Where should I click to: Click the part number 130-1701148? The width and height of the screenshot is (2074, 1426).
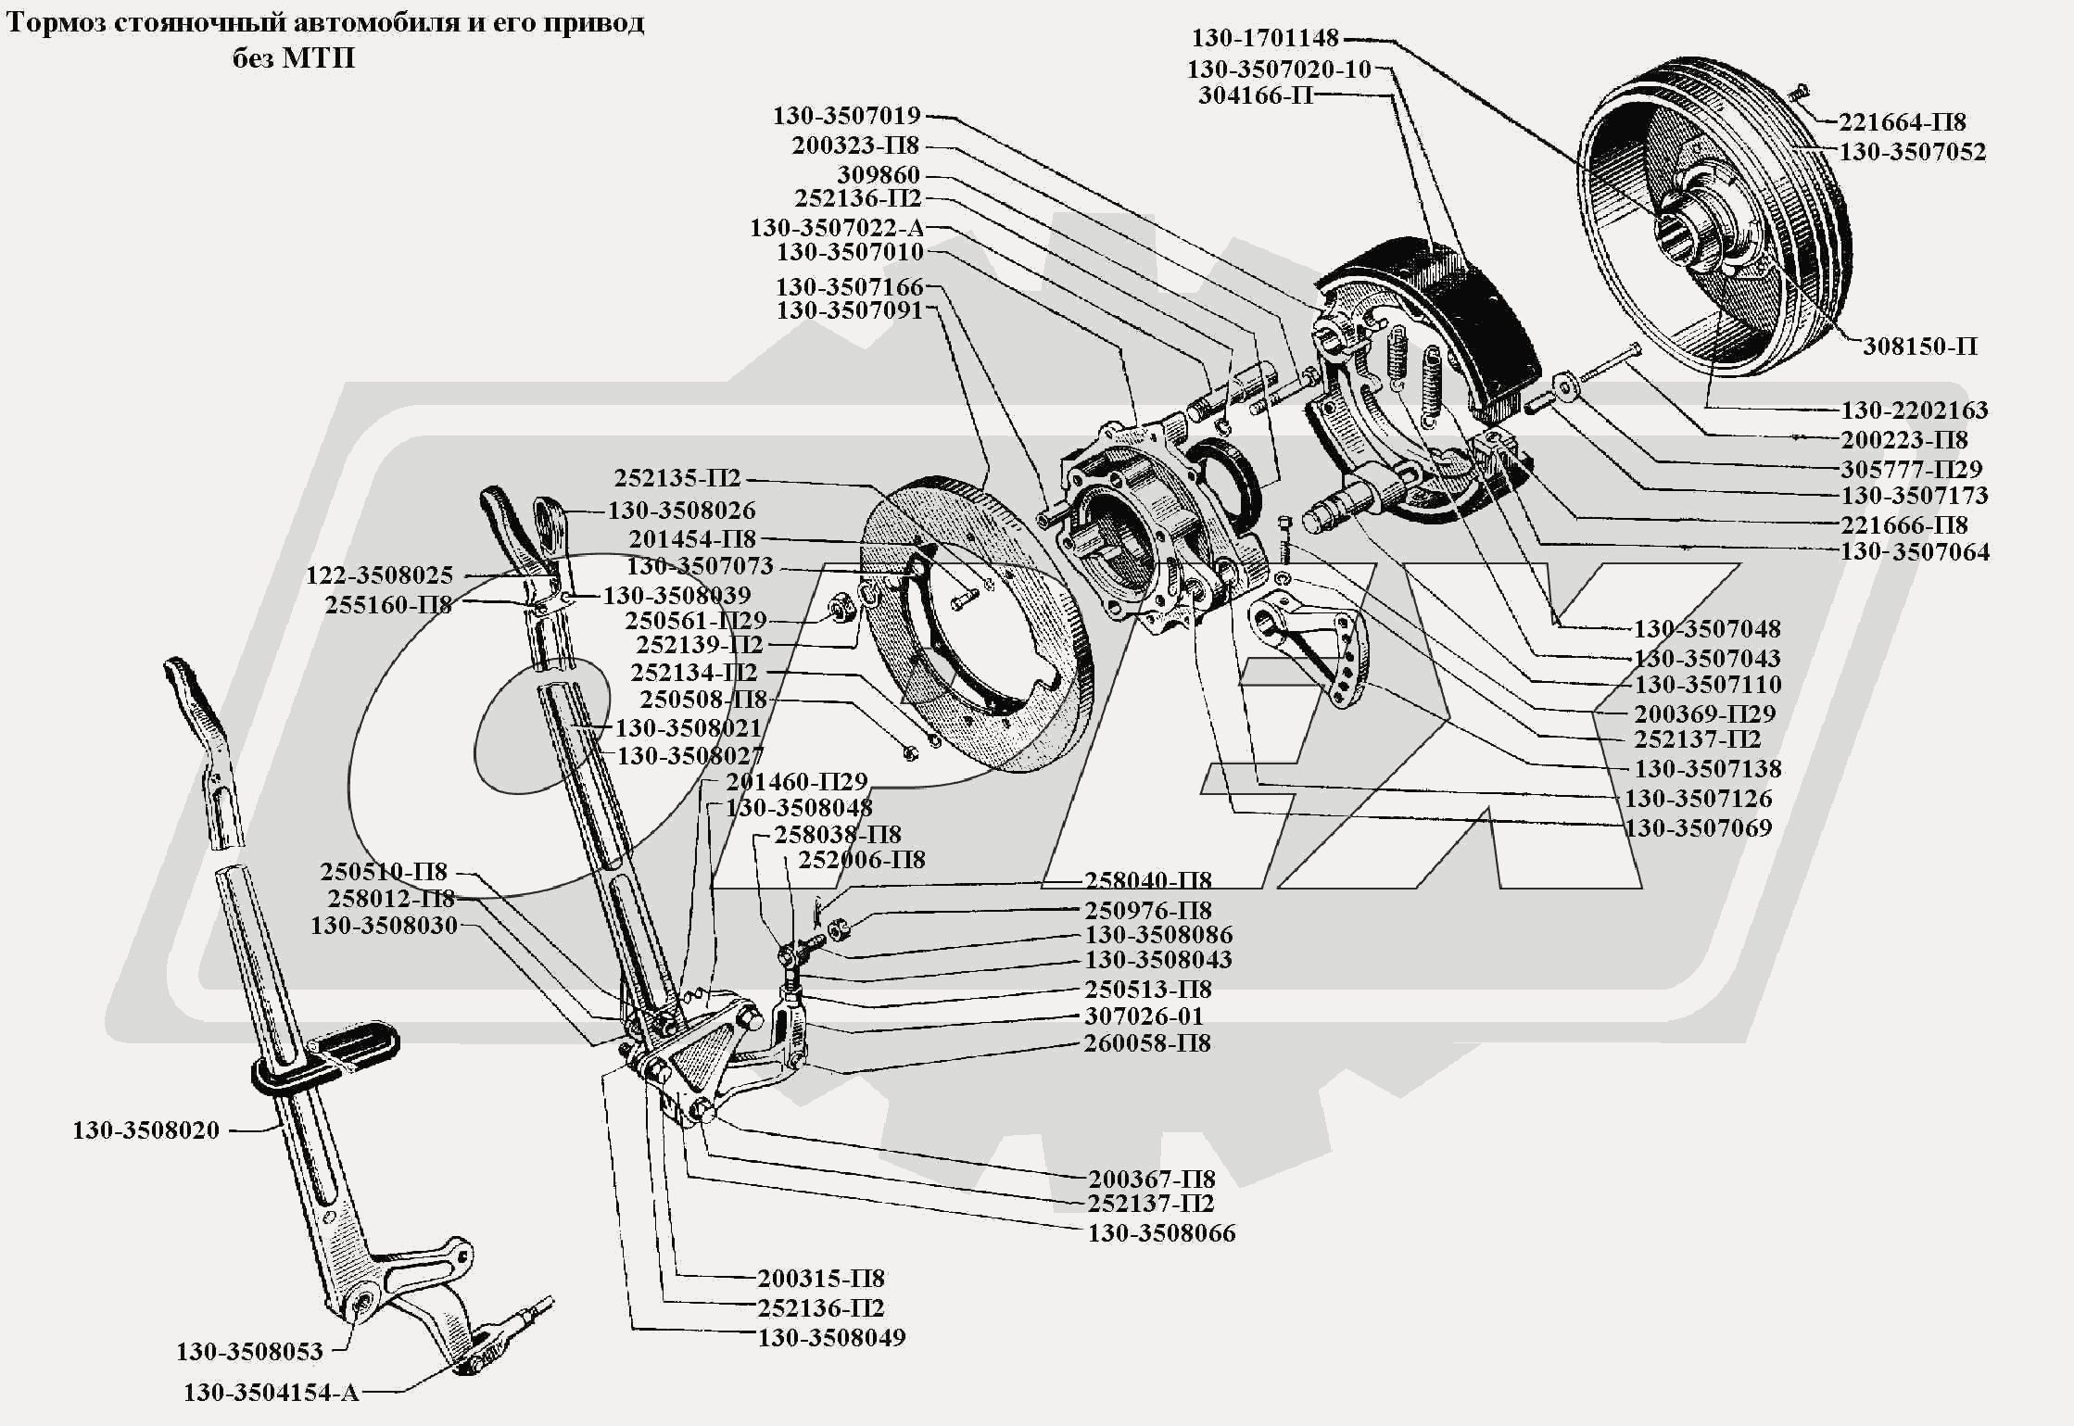1264,38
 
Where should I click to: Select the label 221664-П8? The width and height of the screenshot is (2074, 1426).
1902,122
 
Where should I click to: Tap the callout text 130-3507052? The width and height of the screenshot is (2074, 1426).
1912,152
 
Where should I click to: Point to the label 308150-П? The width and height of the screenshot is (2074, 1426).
1920,347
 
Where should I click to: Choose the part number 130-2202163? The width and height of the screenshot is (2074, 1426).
1914,410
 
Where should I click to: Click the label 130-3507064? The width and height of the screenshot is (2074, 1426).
1915,552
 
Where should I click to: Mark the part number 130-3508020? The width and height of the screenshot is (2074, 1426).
146,1130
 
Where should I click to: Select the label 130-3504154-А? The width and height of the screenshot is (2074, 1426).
271,1393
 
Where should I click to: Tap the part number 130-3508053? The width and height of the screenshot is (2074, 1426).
249,1352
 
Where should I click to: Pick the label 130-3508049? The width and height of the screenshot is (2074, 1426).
831,1338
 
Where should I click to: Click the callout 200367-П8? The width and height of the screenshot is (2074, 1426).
1151,1180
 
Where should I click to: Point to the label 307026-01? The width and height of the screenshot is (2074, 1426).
1144,1016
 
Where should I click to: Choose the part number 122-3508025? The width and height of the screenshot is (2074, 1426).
380,575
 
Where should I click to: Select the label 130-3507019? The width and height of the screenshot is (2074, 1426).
847,116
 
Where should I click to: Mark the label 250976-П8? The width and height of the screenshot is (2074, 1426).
1148,910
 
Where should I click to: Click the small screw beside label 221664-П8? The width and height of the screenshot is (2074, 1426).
1799,93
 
